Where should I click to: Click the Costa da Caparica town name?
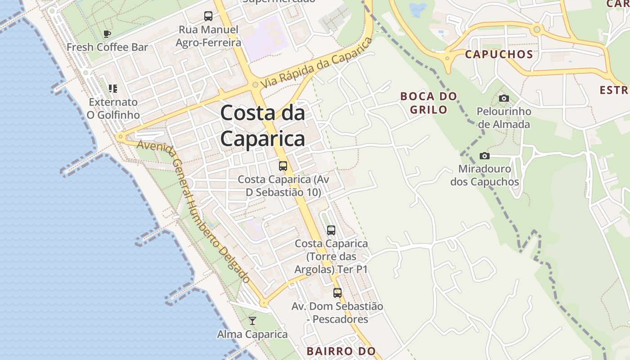pyautogui.click(x=263, y=126)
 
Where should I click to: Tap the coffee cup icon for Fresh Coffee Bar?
pyautogui.click(x=107, y=34)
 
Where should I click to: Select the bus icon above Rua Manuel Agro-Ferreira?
pyautogui.click(x=208, y=16)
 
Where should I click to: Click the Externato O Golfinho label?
pyautogui.click(x=113, y=108)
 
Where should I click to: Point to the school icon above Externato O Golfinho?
pyautogui.click(x=113, y=89)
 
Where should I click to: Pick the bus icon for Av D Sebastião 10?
pyautogui.click(x=283, y=166)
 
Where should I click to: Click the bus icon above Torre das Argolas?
pyautogui.click(x=331, y=230)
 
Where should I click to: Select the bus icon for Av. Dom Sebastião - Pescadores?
pyautogui.click(x=337, y=293)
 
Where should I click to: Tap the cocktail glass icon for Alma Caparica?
pyautogui.click(x=252, y=321)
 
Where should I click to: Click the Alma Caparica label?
pyautogui.click(x=252, y=334)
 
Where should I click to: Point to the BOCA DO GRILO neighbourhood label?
pyautogui.click(x=428, y=103)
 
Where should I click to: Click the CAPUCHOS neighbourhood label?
pyautogui.click(x=499, y=54)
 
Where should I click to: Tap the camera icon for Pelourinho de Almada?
pyautogui.click(x=504, y=98)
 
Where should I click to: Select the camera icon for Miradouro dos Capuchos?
pyautogui.click(x=485, y=156)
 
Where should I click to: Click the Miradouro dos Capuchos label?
pyautogui.click(x=485, y=175)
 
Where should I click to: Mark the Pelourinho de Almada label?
pyautogui.click(x=504, y=117)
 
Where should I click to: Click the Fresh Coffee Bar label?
pyautogui.click(x=107, y=47)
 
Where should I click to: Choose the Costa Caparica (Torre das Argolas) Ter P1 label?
pyautogui.click(x=331, y=256)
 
